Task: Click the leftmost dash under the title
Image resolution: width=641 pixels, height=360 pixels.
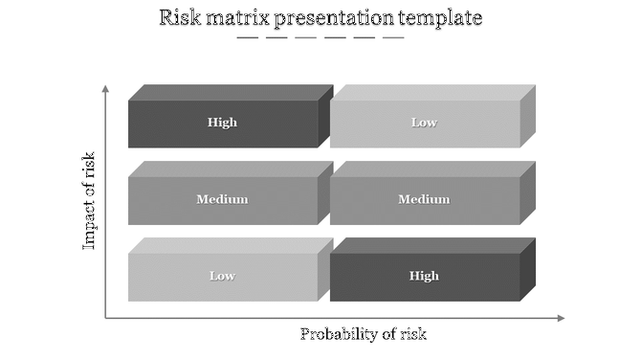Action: (247, 38)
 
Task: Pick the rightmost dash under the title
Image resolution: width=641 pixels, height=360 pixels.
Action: (393, 38)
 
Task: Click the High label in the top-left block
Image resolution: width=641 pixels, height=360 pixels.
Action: (222, 123)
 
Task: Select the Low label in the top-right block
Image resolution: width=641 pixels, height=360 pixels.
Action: (424, 123)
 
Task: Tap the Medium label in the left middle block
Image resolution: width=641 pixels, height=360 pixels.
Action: (222, 199)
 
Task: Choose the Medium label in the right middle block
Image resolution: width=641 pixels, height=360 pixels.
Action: (424, 199)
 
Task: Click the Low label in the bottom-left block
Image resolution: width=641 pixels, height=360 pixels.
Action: (222, 276)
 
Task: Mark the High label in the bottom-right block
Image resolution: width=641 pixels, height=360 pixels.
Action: (424, 276)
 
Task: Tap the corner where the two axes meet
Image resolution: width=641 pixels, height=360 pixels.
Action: (105, 318)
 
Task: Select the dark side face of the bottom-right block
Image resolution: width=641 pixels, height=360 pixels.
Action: (528, 269)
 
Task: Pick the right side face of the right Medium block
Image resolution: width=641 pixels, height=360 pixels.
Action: (528, 192)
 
